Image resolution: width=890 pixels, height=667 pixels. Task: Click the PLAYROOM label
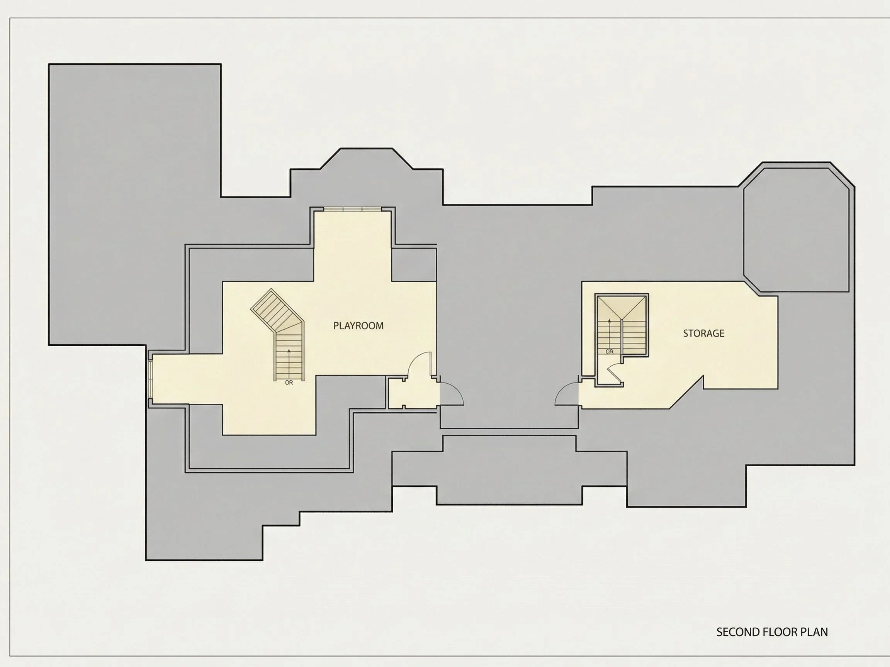358,326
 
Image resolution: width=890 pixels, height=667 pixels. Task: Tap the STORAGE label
703,333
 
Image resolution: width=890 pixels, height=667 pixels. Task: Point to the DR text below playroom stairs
289,383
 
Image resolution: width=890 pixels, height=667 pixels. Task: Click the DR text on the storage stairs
610,351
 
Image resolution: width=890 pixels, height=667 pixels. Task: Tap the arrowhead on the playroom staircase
289,351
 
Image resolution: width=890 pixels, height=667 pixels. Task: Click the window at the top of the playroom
352,209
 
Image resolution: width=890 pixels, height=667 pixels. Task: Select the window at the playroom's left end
151,379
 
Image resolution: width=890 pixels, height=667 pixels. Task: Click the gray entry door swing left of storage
567,393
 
